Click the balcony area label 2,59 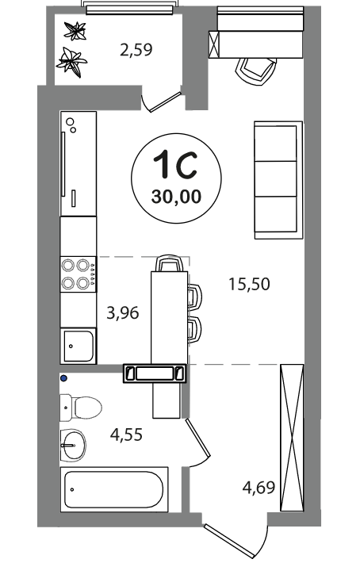tap(136, 49)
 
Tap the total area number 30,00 tap(176, 197)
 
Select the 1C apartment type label tap(175, 164)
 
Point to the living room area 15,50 tap(250, 284)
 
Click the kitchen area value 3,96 tap(123, 313)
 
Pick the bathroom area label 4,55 tap(126, 435)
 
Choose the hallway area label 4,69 tap(259, 488)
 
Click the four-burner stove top tap(79, 274)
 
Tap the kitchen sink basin tap(79, 346)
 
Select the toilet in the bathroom tap(80, 408)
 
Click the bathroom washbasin tap(73, 445)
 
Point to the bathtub tap(114, 489)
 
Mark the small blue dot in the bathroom tap(64, 377)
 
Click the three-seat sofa tap(278, 180)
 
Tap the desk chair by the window tap(256, 71)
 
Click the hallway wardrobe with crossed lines tap(292, 438)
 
